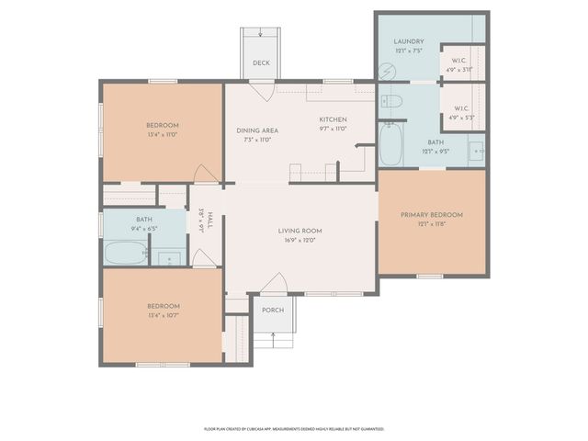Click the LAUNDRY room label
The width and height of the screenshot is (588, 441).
(x=407, y=42)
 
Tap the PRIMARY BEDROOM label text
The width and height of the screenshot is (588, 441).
(x=431, y=215)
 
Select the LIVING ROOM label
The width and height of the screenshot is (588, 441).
(x=300, y=231)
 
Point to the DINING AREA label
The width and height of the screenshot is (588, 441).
(x=256, y=130)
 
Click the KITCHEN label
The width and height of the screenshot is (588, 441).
(x=332, y=120)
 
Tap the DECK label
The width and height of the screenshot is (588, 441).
(x=262, y=63)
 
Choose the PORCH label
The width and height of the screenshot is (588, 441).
(x=273, y=310)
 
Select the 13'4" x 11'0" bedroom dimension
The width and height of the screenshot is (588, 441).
(x=162, y=134)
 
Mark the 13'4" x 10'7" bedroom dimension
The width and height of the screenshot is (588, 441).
(x=162, y=315)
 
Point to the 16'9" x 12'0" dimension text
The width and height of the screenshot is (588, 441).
(x=300, y=241)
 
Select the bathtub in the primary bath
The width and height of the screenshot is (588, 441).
(x=390, y=147)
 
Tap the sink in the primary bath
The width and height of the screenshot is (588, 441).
(x=475, y=151)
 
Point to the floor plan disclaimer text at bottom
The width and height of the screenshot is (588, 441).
(x=294, y=428)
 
